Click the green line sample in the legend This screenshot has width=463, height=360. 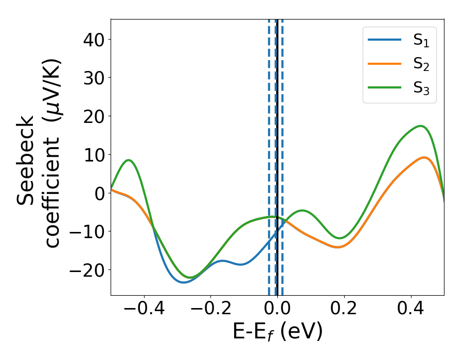coord(385,87)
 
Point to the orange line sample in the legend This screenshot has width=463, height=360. coord(385,64)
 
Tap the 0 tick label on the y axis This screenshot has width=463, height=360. coord(99,193)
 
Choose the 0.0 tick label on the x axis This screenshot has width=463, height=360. coord(277,311)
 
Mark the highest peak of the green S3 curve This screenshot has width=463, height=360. coord(421,126)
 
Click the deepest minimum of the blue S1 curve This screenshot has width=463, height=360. coord(184,282)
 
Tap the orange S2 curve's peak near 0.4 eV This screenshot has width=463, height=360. coord(424,157)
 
